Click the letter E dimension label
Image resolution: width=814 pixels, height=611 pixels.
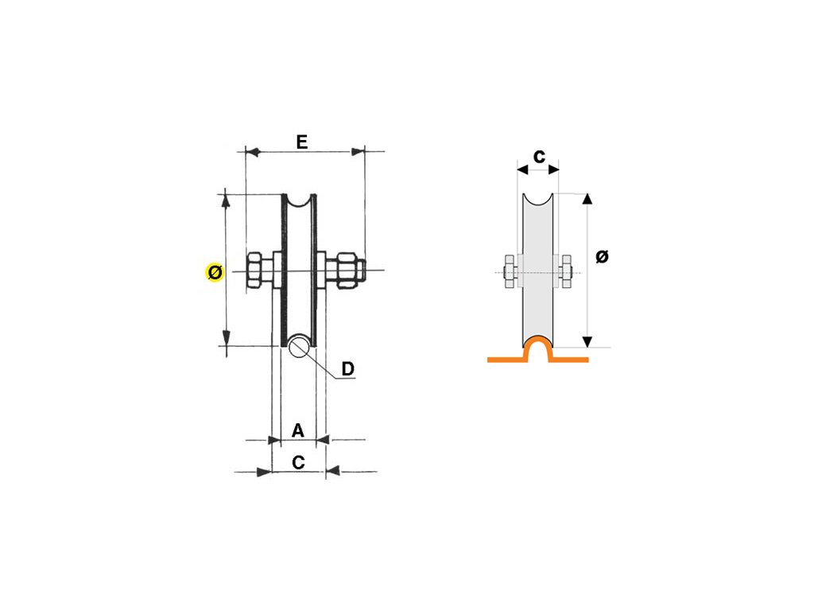301,142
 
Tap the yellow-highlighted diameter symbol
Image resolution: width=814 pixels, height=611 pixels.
215,273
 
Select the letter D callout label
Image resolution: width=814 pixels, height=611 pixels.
347,369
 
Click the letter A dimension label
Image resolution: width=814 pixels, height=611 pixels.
298,430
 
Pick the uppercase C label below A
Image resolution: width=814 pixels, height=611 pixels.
298,462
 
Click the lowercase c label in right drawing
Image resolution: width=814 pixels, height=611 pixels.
538,156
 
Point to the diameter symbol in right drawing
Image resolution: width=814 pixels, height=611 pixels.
602,256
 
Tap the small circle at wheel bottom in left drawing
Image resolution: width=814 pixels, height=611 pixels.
300,346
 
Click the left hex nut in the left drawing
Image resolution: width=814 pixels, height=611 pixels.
255,270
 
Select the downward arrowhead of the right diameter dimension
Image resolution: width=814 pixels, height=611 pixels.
587,342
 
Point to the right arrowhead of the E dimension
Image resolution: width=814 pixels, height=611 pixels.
359,150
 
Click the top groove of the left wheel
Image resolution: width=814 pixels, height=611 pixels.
300,204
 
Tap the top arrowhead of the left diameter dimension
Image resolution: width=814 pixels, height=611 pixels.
227,198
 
